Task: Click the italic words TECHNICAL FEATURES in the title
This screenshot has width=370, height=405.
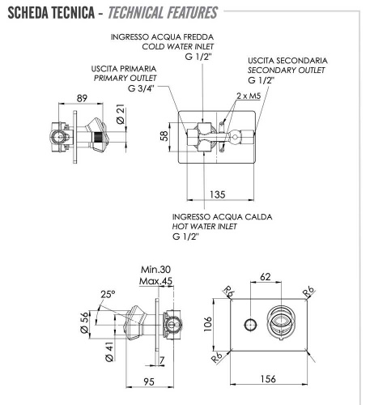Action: point(168,13)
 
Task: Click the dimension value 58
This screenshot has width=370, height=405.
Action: point(163,136)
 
